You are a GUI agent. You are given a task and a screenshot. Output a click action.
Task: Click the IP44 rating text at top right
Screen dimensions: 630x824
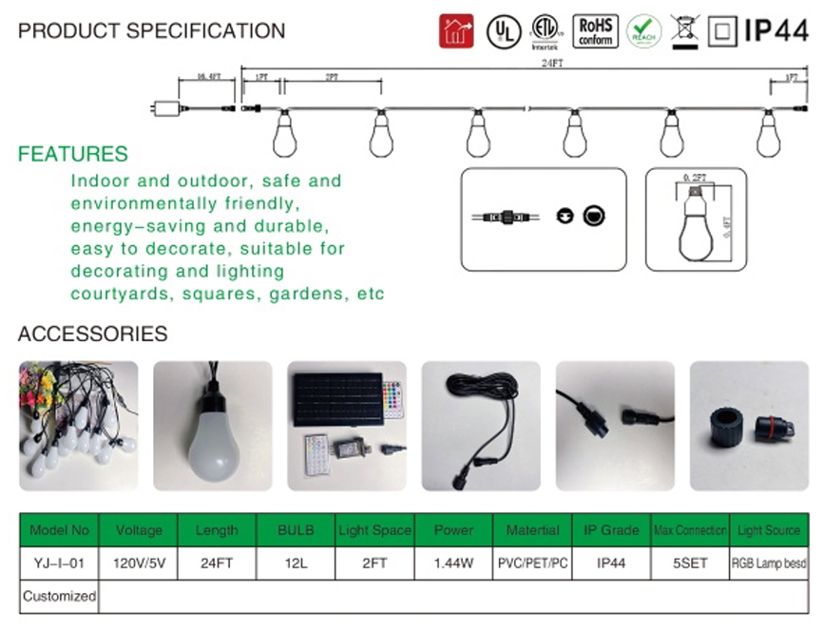click(x=776, y=30)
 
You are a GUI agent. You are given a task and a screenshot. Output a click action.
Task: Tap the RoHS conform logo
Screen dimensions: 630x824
click(x=595, y=30)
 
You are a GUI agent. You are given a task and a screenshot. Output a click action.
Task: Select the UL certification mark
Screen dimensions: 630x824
click(x=503, y=31)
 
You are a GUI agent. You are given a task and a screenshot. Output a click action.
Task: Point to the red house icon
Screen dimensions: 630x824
click(x=456, y=30)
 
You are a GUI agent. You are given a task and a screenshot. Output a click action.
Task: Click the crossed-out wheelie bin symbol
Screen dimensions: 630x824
click(x=684, y=30)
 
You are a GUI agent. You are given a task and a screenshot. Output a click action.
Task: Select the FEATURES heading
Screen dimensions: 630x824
click(x=73, y=154)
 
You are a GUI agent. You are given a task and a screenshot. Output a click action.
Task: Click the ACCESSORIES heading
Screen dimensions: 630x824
click(x=93, y=334)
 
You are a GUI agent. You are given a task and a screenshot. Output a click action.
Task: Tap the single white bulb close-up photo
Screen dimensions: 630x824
click(x=212, y=420)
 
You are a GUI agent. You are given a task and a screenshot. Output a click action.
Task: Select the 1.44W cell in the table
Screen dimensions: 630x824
click(x=453, y=563)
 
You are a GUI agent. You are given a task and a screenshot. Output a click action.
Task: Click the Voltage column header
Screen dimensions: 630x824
click(x=139, y=530)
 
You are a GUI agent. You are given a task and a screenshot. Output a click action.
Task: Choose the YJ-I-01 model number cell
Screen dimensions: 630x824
click(x=59, y=563)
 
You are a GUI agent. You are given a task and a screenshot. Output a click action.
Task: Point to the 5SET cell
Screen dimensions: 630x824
click(x=689, y=563)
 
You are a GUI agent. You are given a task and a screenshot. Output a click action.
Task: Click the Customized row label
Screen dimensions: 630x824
click(x=59, y=596)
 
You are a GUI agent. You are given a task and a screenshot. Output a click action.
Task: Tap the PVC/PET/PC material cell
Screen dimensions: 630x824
click(x=533, y=563)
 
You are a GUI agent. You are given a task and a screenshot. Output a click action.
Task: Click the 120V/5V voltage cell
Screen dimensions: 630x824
click(x=139, y=563)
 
